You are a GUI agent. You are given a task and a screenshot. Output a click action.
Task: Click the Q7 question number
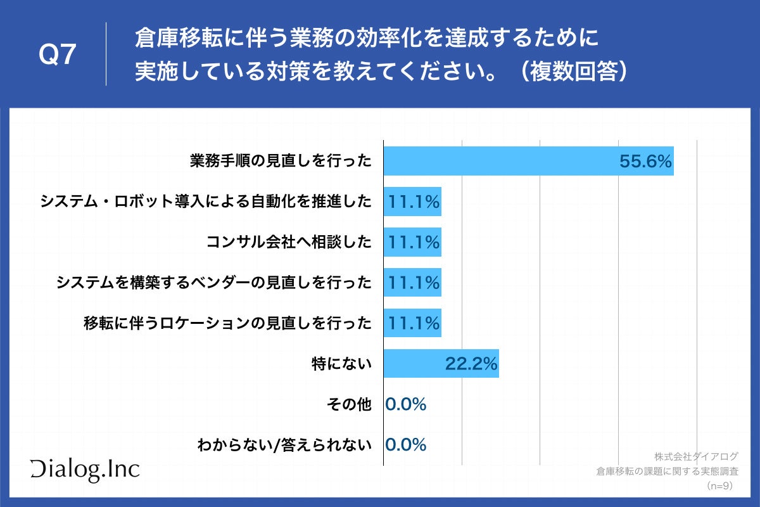click(x=58, y=56)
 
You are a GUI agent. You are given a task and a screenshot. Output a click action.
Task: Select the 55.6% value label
click(x=645, y=162)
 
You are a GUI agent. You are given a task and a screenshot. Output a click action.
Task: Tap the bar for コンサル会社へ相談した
click(x=412, y=242)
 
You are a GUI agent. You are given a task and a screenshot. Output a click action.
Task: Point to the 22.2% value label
click(x=471, y=364)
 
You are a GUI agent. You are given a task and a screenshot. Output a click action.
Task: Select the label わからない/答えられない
click(x=284, y=445)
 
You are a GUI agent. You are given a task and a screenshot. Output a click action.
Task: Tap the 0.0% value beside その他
click(x=406, y=404)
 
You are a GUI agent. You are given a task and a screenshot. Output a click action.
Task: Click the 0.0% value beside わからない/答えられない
click(x=406, y=445)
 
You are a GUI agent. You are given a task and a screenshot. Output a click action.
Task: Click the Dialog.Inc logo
click(x=85, y=468)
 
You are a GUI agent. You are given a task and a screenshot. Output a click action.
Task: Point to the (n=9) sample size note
click(x=719, y=485)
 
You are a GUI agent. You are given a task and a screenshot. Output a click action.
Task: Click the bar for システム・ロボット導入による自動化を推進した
click(x=412, y=202)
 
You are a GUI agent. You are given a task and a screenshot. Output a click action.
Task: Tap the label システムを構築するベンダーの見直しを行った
click(x=213, y=283)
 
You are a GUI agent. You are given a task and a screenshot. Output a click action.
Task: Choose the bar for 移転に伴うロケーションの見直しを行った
click(x=412, y=323)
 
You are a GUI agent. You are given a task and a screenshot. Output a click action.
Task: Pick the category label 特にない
click(x=341, y=364)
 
